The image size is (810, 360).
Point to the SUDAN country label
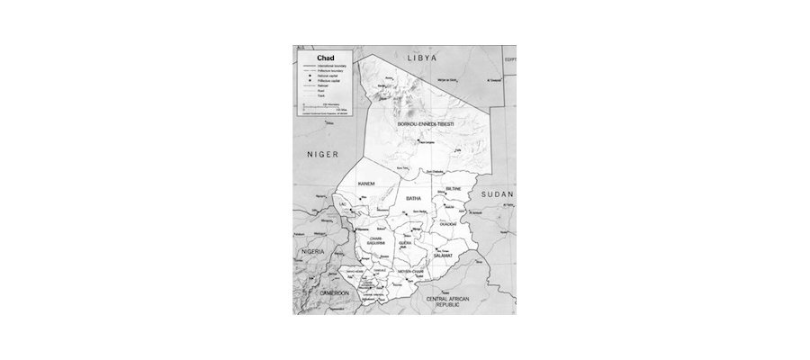point(496,194)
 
